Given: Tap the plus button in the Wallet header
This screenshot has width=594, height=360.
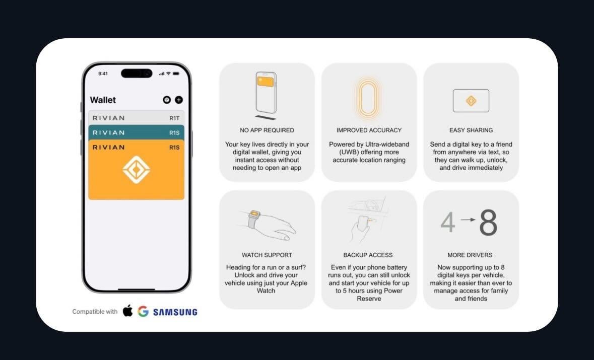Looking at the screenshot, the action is pos(179,100).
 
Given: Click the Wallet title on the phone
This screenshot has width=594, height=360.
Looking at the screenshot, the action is pos(103,100).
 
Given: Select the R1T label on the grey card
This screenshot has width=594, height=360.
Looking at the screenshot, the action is pos(174,118).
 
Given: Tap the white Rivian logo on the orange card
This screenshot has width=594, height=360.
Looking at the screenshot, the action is pos(137,170).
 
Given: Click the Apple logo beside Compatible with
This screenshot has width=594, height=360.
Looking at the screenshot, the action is pos(127,311).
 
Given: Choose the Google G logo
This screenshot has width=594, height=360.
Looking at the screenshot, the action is pos(143,311).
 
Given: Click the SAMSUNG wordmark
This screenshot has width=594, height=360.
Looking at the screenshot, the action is pos(175,312).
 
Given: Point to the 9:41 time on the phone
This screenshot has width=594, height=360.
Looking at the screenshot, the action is pos(103,74).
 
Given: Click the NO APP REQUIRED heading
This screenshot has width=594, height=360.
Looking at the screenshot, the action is pos(267,130).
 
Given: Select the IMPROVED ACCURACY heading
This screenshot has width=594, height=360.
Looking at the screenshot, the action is pos(369,130).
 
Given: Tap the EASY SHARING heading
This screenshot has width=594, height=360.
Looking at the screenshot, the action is pos(471,130).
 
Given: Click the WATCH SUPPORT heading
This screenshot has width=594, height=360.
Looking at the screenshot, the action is pos(267,255).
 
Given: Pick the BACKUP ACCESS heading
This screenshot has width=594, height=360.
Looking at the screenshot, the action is pos(368,255).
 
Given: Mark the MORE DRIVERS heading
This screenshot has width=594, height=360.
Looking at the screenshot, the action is pos(470,255).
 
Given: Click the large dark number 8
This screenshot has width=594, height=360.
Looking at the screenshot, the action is pos(488,223).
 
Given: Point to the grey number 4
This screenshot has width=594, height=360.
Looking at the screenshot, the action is pos(448,222).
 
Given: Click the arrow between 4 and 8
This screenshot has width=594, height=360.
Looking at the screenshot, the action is pos(468,219).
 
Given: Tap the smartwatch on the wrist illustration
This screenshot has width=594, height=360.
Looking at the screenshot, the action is pos(253,219).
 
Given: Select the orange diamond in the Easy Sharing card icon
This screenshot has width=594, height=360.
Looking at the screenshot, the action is pos(471,101).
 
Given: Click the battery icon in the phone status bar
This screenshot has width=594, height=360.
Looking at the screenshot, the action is pos(176,74).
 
